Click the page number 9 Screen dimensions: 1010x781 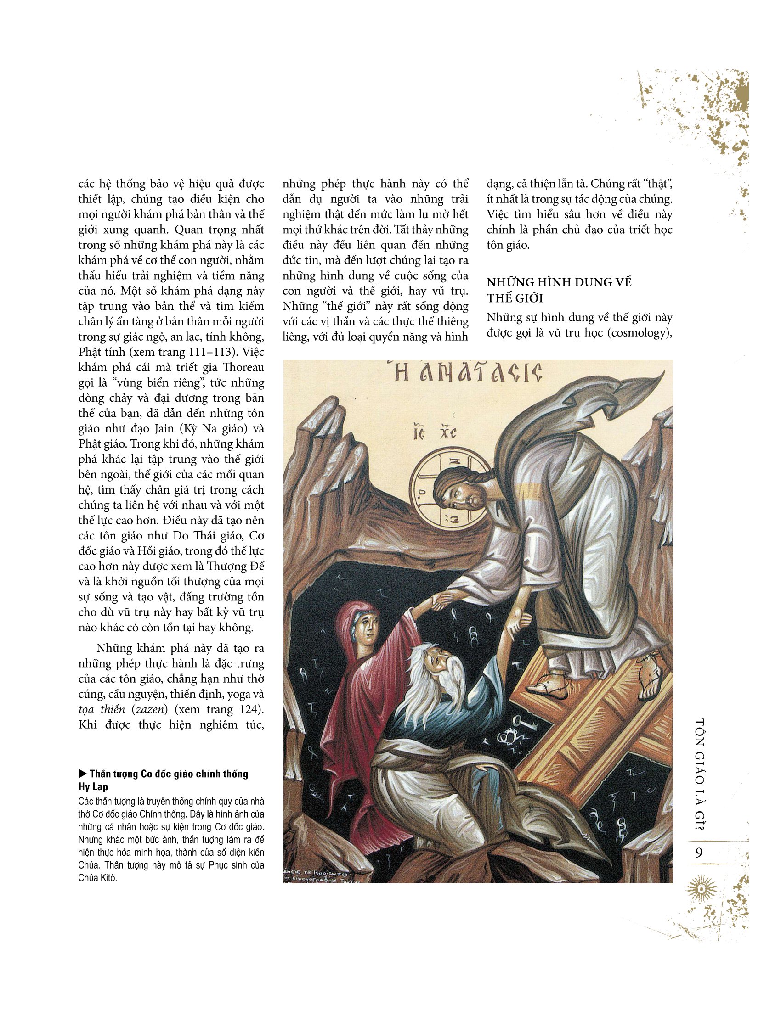[x=699, y=853]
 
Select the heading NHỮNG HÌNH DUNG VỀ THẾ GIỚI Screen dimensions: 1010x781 [x=559, y=290]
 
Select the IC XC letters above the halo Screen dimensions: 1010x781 [x=435, y=433]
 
